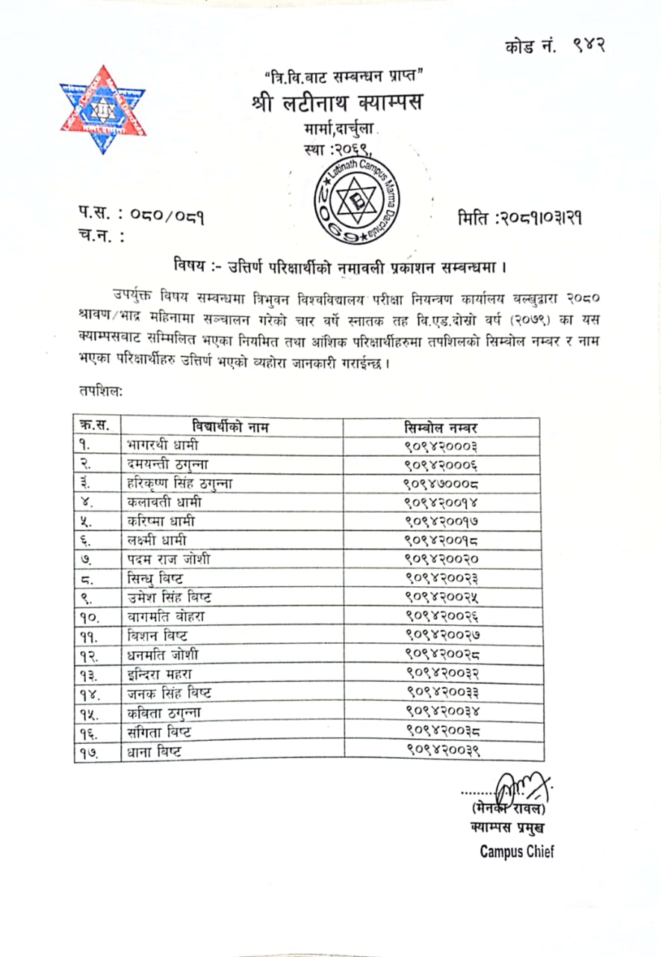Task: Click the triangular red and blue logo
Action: (103, 109)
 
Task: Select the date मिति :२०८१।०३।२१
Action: (520, 218)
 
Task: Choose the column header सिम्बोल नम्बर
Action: (441, 427)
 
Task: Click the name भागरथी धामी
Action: (163, 446)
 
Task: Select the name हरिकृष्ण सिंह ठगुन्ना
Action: (180, 483)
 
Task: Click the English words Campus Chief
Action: (517, 852)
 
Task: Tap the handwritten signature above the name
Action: (523, 787)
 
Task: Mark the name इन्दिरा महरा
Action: (161, 674)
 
